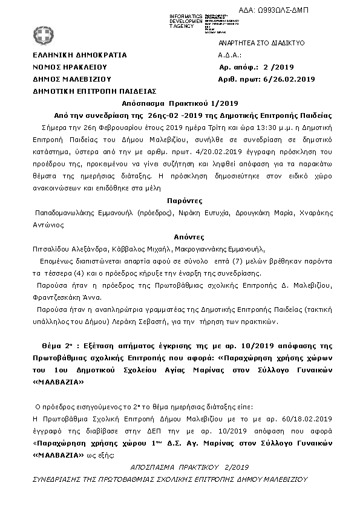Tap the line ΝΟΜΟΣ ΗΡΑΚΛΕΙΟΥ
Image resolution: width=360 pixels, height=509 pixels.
pyautogui.click(x=70, y=67)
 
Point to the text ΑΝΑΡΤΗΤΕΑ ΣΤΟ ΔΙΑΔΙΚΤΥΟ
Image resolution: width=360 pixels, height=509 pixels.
pyautogui.click(x=261, y=44)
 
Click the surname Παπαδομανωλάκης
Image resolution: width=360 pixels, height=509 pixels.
pyautogui.click(x=67, y=213)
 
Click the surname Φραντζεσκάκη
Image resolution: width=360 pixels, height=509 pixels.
pyautogui.click(x=59, y=297)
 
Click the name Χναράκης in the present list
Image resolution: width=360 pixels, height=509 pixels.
pyautogui.click(x=316, y=213)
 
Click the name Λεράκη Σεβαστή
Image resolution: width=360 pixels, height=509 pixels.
pyautogui.click(x=172, y=322)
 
